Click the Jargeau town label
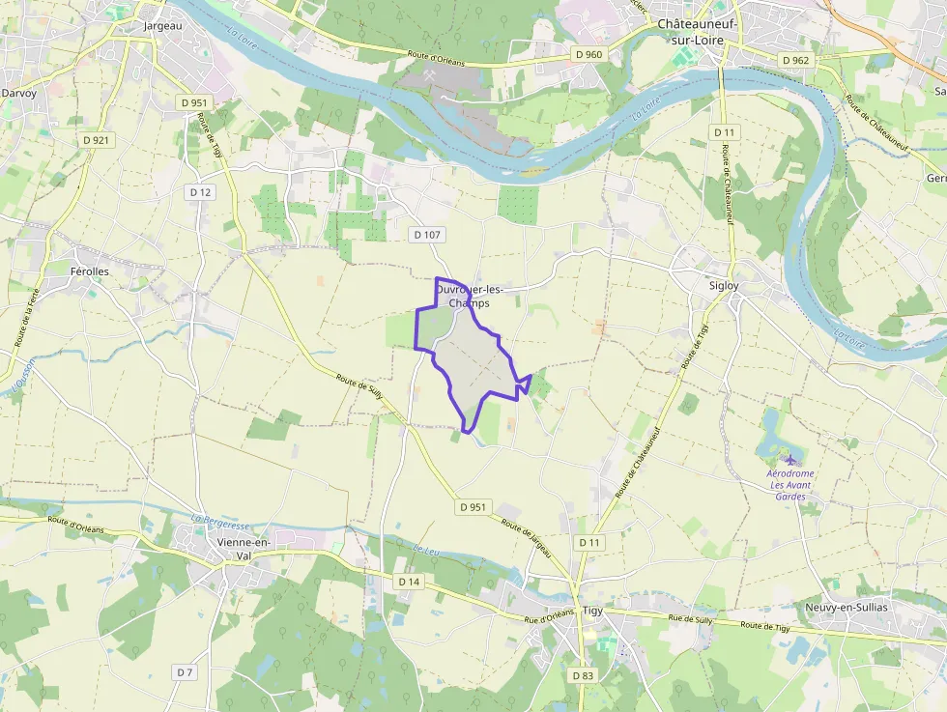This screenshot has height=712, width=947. coord(162,26)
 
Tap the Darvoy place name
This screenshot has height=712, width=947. coord(18,93)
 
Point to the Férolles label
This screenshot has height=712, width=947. coord(90,271)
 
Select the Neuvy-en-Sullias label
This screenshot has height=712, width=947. coord(846,607)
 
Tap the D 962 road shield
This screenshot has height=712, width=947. coord(795,60)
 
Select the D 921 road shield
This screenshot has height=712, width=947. coord(96,140)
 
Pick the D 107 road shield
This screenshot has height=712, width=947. coord(426,234)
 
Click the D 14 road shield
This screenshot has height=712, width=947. coord(409,582)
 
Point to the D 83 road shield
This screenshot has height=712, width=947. coord(582,675)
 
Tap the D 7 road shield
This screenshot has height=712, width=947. coord(185,671)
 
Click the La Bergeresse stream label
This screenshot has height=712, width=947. coord(219,523)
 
